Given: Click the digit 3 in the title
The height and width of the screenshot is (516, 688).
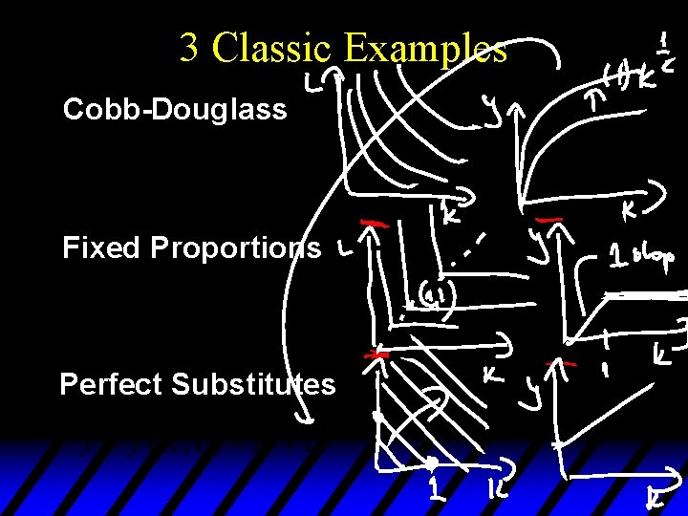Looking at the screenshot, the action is [x=189, y=48].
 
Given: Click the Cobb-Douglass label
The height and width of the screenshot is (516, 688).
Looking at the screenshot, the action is [x=175, y=110].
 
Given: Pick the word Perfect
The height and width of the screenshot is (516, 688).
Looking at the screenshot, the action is [x=111, y=384].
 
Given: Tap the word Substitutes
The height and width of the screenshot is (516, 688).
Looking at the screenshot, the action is [x=253, y=384].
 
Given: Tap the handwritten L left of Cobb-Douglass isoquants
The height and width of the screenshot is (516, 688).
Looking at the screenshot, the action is [x=313, y=86].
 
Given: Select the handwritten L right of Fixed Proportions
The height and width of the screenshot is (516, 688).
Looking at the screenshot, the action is [x=342, y=250].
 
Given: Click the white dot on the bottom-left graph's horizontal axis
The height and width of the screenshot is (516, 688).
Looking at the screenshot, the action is [x=432, y=463].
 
